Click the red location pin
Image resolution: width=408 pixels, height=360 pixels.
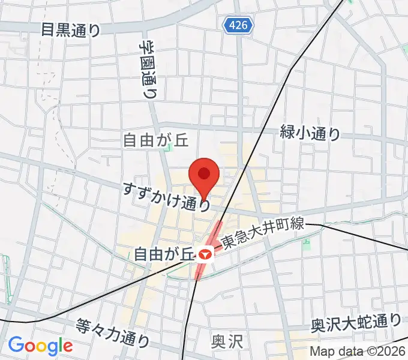pyautogui.click(x=203, y=178)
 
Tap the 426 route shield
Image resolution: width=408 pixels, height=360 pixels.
pyautogui.click(x=238, y=25)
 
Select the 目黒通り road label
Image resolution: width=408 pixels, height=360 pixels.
pyautogui.click(x=71, y=29)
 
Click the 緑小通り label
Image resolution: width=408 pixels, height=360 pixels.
pyautogui.click(x=310, y=133)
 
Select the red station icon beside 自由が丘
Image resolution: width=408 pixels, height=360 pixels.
pyautogui.click(x=205, y=254)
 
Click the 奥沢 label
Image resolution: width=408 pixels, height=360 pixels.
pyautogui.click(x=227, y=342)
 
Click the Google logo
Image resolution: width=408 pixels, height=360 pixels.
pyautogui.click(x=40, y=346)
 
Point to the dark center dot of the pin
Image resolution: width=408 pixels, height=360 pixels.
pyautogui.click(x=203, y=173)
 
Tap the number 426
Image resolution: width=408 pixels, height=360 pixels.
pyautogui.click(x=238, y=25)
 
